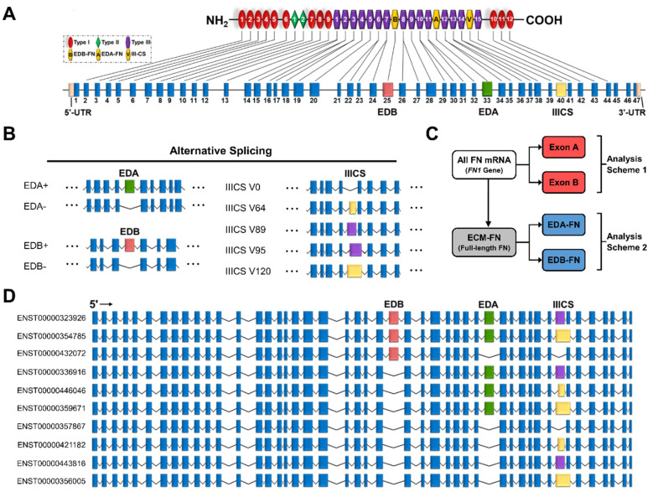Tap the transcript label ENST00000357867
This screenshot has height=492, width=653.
click(46, 427)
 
